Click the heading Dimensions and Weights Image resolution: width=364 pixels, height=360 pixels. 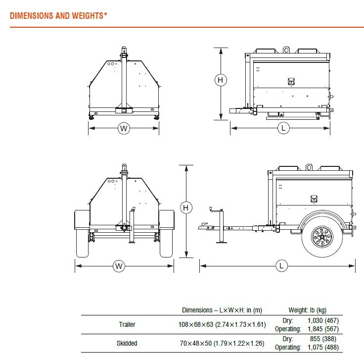pos(58,16)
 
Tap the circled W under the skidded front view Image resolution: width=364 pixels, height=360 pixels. pos(124,128)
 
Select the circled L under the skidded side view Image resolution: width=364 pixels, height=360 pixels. pos(283,128)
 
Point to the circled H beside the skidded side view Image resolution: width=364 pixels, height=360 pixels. pos(221,80)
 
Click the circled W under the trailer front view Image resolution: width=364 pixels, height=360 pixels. pos(119,266)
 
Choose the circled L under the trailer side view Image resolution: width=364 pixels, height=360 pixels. pos(281,265)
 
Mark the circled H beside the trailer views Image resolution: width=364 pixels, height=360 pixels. pos(186,207)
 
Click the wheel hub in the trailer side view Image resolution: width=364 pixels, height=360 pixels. pos(322,237)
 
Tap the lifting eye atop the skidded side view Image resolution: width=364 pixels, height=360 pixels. pos(286,50)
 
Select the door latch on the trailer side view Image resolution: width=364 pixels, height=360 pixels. pos(314,199)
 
